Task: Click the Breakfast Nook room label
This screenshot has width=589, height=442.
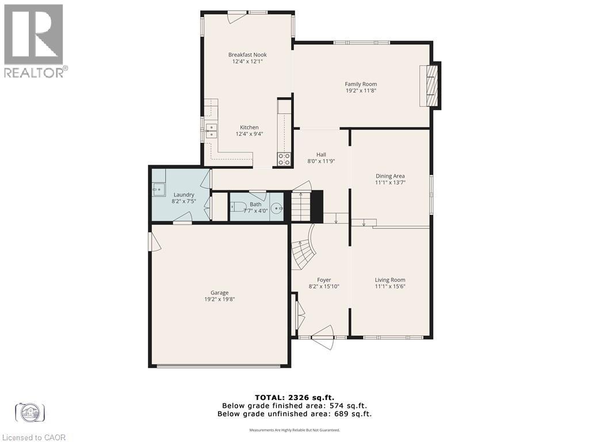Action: [x=247, y=55]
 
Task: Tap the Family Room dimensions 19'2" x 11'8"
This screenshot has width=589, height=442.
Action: [x=361, y=90]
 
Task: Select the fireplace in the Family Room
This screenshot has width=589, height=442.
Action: [x=431, y=85]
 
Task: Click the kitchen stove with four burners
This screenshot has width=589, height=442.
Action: [x=284, y=159]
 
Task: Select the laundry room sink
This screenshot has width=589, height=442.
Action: [x=156, y=188]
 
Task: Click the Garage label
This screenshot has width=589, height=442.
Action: [x=219, y=292]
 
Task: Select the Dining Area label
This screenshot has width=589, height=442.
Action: [x=390, y=176]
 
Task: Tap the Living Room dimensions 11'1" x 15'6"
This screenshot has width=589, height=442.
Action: [x=390, y=287]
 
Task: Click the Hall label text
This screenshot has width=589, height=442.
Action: [x=320, y=155]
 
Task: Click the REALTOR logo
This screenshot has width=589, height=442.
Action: [x=35, y=40]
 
